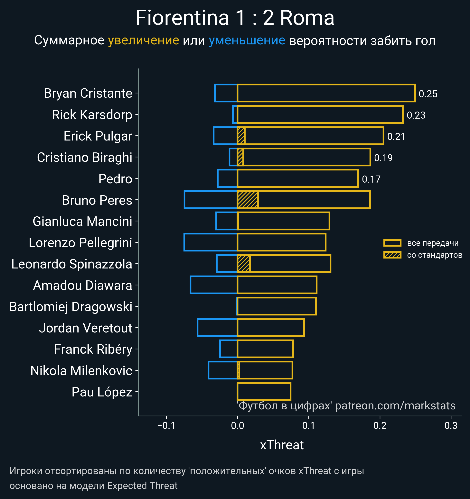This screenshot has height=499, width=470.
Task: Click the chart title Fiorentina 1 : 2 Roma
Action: [235, 18]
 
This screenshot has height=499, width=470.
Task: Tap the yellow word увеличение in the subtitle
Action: [143, 41]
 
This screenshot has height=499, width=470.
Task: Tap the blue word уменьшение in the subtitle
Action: [247, 41]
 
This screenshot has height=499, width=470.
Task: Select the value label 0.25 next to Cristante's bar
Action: [428, 94]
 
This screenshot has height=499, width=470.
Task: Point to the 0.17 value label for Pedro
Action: [371, 179]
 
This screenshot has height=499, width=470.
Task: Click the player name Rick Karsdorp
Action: [92, 115]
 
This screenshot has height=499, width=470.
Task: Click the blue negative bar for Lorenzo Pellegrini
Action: [211, 242]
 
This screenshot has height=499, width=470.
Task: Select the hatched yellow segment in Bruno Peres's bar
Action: [248, 200]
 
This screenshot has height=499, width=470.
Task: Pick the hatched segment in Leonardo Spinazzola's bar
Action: [244, 264]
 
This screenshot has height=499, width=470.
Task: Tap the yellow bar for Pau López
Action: [264, 392]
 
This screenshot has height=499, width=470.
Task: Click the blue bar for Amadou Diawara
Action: [213, 285]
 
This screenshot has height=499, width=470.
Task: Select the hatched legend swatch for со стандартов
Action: [392, 255]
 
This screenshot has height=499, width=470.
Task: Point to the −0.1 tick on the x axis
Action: [166, 426]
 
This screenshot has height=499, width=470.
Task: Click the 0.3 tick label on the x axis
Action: [451, 426]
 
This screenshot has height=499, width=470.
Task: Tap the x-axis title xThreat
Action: [282, 445]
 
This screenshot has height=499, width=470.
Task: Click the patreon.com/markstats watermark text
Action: [395, 406]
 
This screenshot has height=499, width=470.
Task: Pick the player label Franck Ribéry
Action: [93, 349]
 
